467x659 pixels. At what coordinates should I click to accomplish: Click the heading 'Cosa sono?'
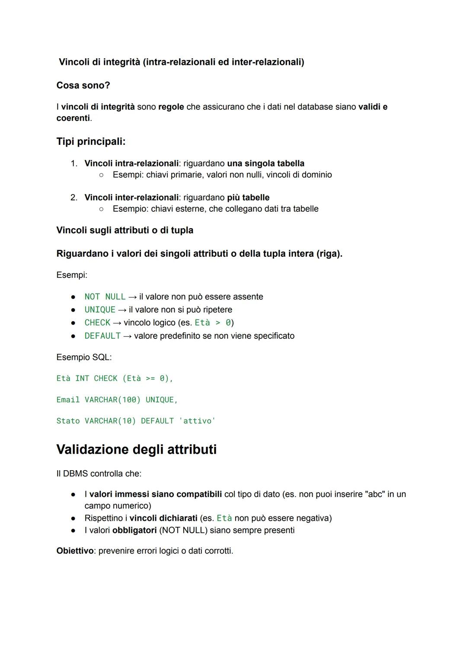pyautogui.click(x=83, y=86)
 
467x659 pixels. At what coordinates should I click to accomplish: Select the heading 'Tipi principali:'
pyautogui.click(x=91, y=141)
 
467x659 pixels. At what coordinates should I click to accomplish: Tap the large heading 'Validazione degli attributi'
pyautogui.click(x=136, y=449)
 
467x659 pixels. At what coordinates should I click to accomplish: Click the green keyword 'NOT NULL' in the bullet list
pyautogui.click(x=105, y=297)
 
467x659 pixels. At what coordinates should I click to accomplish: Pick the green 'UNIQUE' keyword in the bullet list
pyautogui.click(x=100, y=310)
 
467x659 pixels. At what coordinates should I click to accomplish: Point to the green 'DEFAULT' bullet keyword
pyautogui.click(x=102, y=336)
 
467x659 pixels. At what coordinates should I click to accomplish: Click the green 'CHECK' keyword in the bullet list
pyautogui.click(x=97, y=323)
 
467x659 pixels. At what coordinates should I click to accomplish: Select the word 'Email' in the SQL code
pyautogui.click(x=68, y=400)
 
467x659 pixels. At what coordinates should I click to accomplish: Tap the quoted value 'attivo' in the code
pyautogui.click(x=197, y=421)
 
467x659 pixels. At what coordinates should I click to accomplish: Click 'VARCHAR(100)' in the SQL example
pyautogui.click(x=112, y=400)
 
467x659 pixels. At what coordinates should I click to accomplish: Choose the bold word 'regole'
pyautogui.click(x=171, y=107)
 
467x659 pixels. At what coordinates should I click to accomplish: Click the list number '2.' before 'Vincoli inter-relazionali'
pyautogui.click(x=74, y=197)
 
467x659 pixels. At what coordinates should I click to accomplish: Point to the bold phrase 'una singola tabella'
pyautogui.click(x=265, y=163)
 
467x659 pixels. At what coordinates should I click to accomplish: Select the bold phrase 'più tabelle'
pyautogui.click(x=248, y=197)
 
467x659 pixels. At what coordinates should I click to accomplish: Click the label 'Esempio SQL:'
pyautogui.click(x=84, y=357)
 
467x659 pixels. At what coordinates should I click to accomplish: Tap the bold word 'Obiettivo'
pyautogui.click(x=75, y=551)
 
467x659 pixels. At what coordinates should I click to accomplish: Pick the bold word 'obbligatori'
pyautogui.click(x=134, y=530)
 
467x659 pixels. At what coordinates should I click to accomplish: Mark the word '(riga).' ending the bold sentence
pyautogui.click(x=329, y=254)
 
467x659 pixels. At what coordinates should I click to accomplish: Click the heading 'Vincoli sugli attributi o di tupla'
pyautogui.click(x=125, y=230)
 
